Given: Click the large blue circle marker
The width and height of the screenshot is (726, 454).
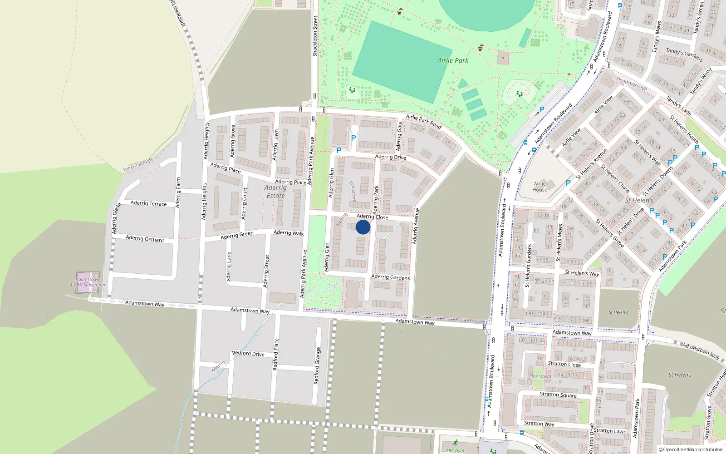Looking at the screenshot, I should tap(363, 227).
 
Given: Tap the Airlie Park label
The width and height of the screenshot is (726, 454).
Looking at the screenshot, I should tap(453, 60).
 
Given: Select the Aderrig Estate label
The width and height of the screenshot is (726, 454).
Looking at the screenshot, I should tap(275, 192).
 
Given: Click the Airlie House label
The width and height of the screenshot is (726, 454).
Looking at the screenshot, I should tap(540, 187).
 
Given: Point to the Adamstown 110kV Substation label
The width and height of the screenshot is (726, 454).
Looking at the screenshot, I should tap(88, 282).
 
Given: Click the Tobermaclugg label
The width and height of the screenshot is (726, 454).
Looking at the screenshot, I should tap(137, 164).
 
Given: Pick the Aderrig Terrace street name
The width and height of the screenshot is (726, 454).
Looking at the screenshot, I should tap(148, 203).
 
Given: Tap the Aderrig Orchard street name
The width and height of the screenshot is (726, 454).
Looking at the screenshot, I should tap(145, 238).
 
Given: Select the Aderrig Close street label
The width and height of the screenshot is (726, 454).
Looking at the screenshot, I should tap(372, 217).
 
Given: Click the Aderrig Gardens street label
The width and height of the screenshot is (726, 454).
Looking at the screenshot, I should tap(390, 277).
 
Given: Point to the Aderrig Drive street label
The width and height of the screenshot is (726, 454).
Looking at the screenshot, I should tap(391, 157).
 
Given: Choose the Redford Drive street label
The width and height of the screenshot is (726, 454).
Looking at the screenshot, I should tap(248, 353).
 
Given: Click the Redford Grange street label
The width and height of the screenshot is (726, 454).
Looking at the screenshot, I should tap(317, 366).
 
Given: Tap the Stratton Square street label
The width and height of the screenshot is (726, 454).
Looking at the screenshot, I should tap(558, 395).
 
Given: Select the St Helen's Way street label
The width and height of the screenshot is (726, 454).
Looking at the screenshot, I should tap(582, 273).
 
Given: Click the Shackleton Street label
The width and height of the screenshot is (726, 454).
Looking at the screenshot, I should tap(315, 36).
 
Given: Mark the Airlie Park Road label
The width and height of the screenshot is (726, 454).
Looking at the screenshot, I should tap(423, 121).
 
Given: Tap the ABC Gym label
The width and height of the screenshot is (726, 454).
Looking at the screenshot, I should tap(455, 450).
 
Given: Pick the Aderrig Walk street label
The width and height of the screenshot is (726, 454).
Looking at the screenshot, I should tap(289, 233).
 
